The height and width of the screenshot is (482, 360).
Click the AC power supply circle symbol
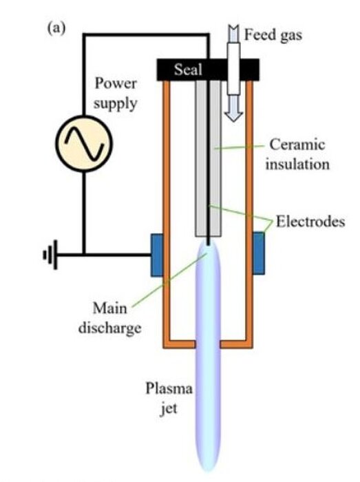(84, 143)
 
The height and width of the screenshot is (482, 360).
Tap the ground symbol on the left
(51, 255)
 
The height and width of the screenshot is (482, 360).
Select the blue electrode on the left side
(157, 255)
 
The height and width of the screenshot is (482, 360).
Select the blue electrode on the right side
(259, 253)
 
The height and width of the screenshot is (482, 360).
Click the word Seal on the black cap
(189, 70)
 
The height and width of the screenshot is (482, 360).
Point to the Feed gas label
(273, 34)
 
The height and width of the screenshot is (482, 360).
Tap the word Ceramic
(297, 145)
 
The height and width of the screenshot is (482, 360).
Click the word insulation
(297, 164)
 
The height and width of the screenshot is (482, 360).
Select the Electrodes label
(310, 221)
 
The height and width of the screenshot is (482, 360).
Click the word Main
(109, 308)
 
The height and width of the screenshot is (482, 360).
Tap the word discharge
(109, 328)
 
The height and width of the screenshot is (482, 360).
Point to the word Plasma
(169, 388)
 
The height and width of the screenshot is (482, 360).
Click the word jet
(169, 408)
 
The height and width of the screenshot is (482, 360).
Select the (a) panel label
(56, 28)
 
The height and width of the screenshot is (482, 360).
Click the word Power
(116, 83)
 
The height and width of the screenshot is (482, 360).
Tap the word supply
(115, 103)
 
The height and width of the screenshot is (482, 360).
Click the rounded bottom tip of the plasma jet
(208, 470)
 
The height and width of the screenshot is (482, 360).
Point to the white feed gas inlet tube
(233, 69)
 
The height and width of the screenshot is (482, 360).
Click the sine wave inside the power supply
(84, 144)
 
